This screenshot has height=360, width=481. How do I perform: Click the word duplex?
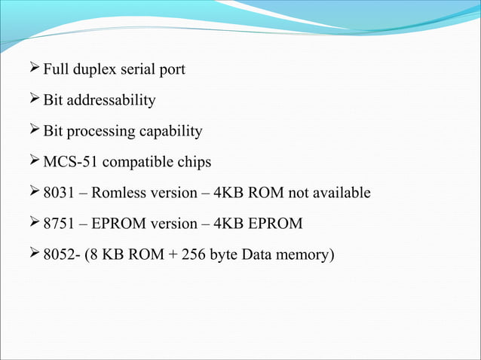point(92,70)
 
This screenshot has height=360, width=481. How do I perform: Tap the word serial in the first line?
point(137,70)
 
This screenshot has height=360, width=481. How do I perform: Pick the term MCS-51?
point(66,162)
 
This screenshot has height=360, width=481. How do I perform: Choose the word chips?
point(192,162)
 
